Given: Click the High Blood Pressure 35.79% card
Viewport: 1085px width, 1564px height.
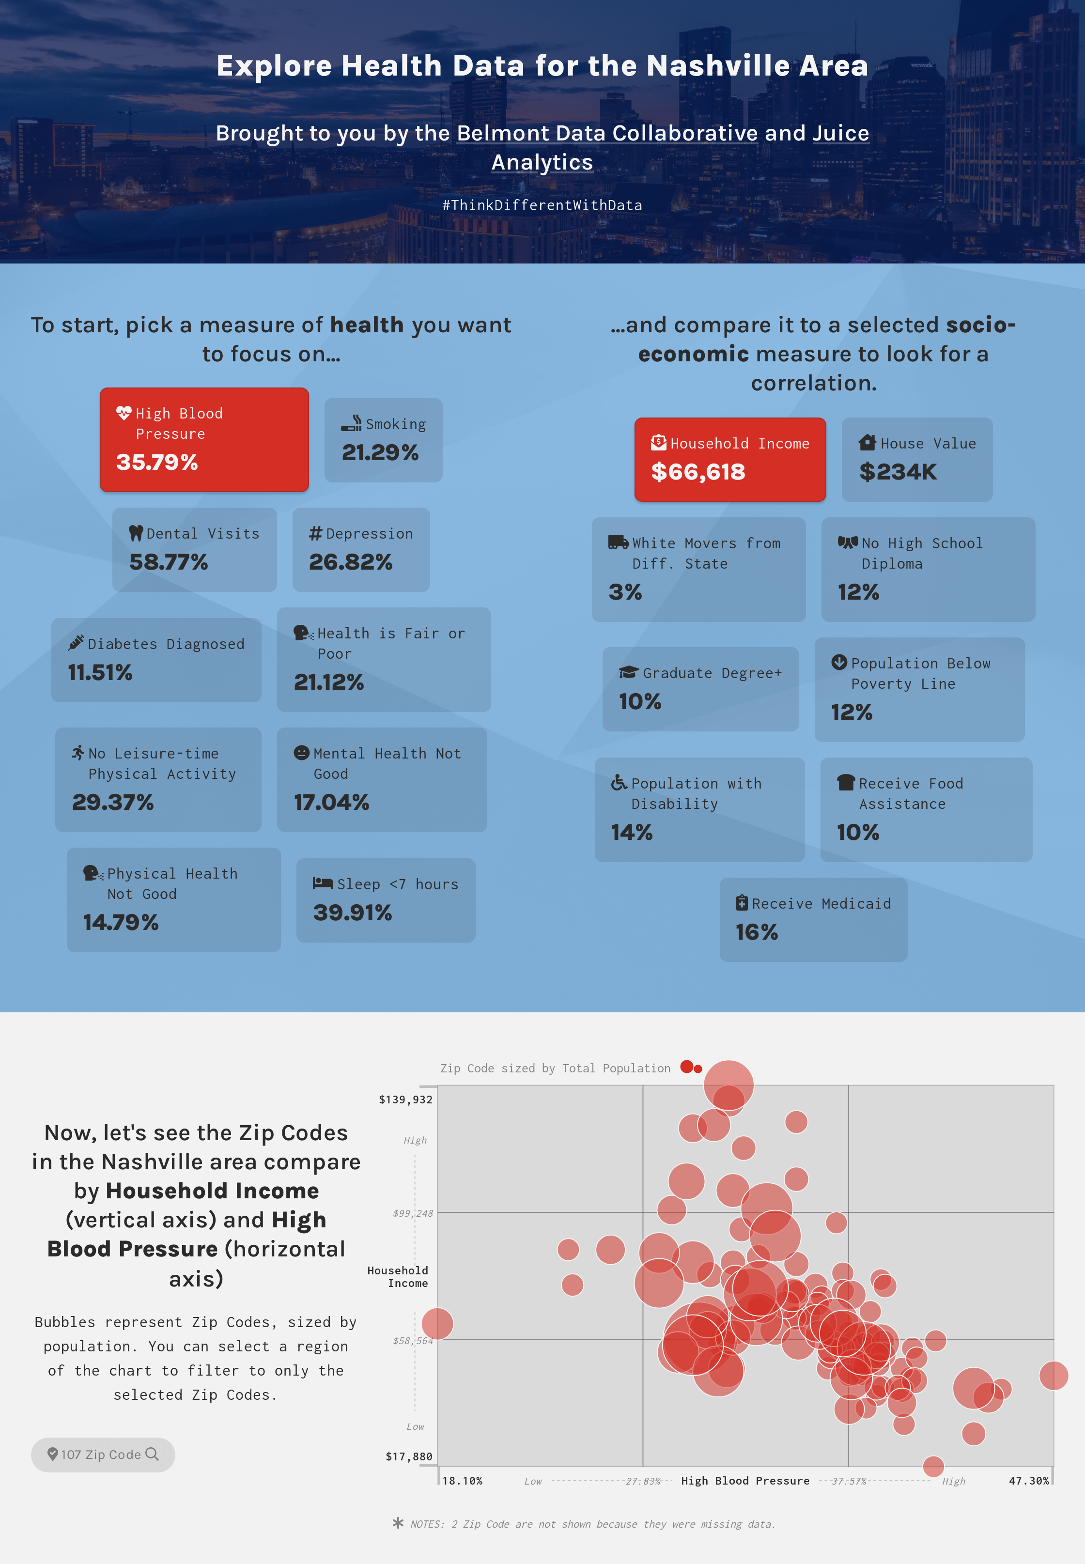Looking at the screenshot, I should pyautogui.click(x=204, y=439).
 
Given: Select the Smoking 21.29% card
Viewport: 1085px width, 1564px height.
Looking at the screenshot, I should pyautogui.click(x=384, y=440).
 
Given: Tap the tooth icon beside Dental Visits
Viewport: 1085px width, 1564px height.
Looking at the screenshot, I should pyautogui.click(x=136, y=534).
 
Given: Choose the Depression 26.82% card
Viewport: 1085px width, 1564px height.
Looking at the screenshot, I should pyautogui.click(x=361, y=549).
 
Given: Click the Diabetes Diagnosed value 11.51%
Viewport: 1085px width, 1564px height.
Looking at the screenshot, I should pyautogui.click(x=100, y=672).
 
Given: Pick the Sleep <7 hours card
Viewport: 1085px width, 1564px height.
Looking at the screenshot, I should pyautogui.click(x=386, y=900).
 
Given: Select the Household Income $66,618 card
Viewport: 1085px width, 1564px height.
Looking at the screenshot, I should pyautogui.click(x=729, y=460).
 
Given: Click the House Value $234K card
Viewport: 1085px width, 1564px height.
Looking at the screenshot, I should pyautogui.click(x=916, y=460).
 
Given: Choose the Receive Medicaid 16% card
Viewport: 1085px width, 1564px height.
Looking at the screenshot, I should pyautogui.click(x=813, y=919).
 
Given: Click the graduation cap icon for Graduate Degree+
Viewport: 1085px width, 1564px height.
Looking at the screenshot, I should pyautogui.click(x=628, y=672).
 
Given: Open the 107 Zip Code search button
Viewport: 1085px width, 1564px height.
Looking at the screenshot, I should pyautogui.click(x=103, y=1455).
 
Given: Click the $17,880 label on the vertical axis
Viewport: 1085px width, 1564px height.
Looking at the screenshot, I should pyautogui.click(x=409, y=1456).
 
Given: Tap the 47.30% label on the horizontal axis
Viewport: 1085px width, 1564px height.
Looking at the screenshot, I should pyautogui.click(x=1029, y=1480).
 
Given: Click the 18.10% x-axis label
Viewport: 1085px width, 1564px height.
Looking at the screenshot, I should pyautogui.click(x=462, y=1480).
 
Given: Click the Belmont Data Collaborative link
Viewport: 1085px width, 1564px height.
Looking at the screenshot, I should pyautogui.click(x=607, y=133).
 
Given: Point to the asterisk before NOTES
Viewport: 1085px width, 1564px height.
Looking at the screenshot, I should pyautogui.click(x=398, y=1523).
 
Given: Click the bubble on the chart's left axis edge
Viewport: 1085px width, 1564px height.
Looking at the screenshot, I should pyautogui.click(x=437, y=1323).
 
